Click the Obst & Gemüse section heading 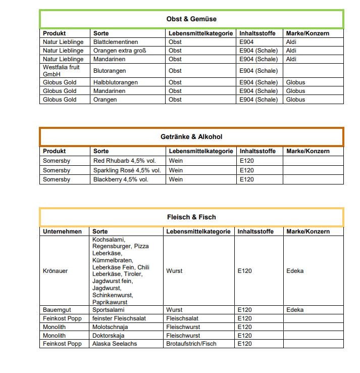point(191,19)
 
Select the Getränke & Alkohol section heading point(191,136)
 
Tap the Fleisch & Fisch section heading point(191,217)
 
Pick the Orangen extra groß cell point(120,51)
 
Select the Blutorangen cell point(110,71)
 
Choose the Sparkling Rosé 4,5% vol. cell point(127,170)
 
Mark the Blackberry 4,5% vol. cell point(121,179)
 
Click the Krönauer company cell point(56,271)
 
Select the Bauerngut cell point(56,310)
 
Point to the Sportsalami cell point(108,310)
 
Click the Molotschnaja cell point(110,327)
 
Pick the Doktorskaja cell point(108,336)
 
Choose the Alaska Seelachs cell point(114,344)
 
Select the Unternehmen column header point(62,231)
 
